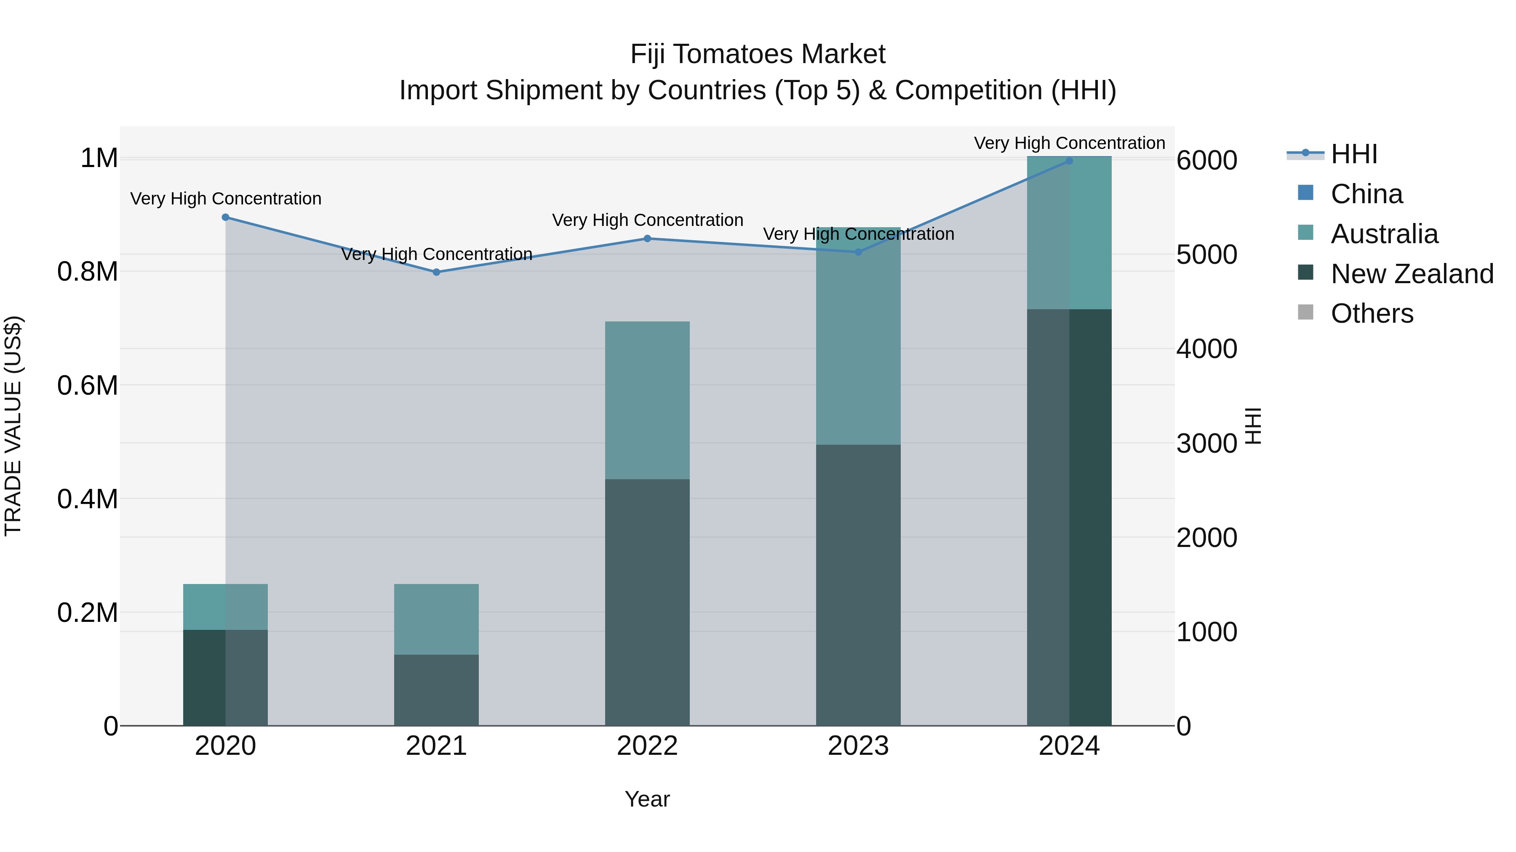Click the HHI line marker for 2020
[225, 218]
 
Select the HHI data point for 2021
[436, 272]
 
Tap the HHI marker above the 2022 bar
[647, 239]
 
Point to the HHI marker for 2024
[1069, 161]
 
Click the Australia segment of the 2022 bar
[647, 400]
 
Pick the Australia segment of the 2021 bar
[436, 619]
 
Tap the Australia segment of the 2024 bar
[1069, 233]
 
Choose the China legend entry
[1366, 194]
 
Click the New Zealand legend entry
[1411, 274]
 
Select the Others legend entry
[1371, 314]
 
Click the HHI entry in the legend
[1353, 154]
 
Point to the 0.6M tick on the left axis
[87, 386]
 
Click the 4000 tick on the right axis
[1206, 349]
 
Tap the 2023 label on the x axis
[858, 746]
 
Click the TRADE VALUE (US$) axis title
[13, 426]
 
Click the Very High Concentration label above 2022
[647, 220]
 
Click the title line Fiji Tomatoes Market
[758, 54]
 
